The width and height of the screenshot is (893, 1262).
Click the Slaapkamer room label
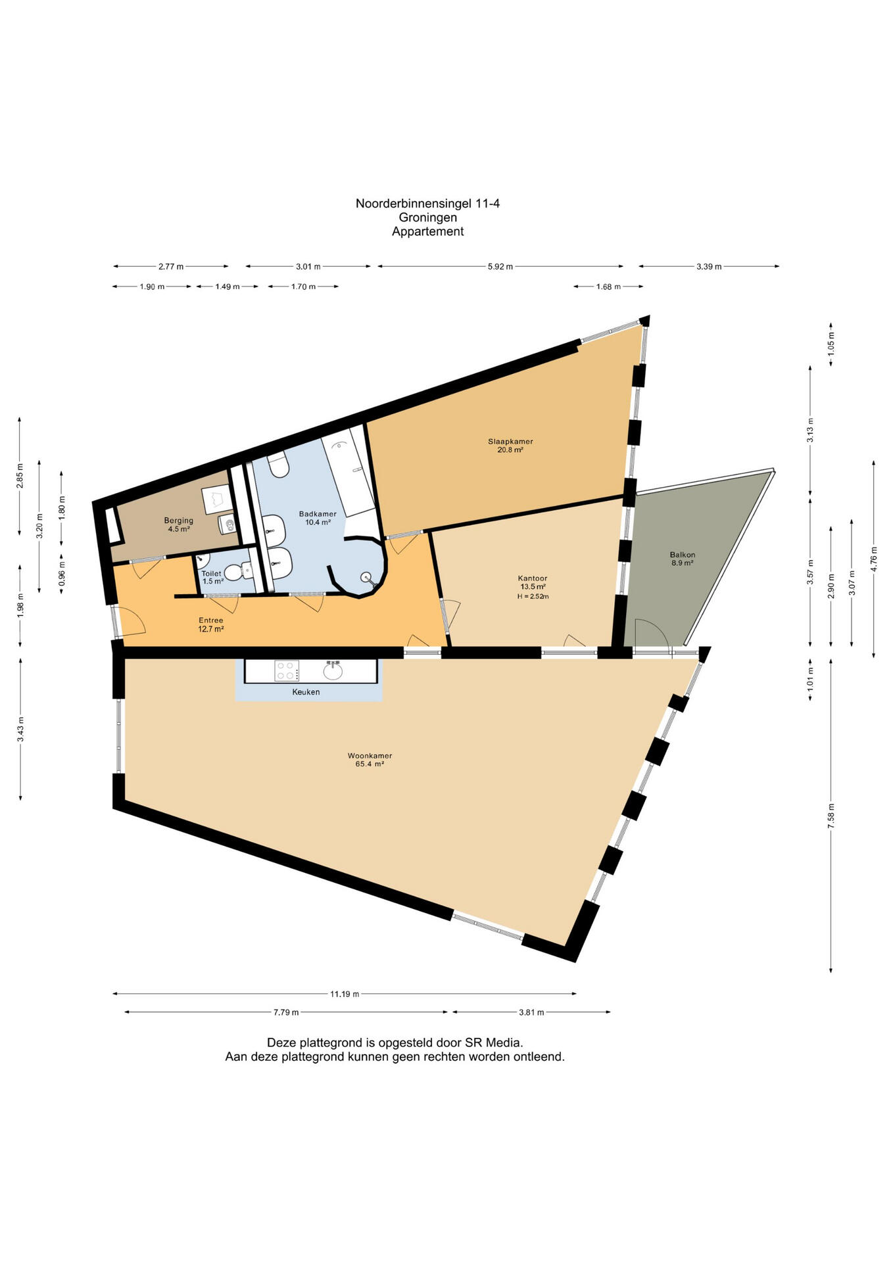(510, 441)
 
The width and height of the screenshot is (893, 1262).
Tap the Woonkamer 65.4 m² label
(370, 760)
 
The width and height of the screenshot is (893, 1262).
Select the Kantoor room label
(533, 578)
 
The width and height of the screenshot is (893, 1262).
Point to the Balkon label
(683, 555)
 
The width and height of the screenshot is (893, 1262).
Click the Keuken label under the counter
(306, 691)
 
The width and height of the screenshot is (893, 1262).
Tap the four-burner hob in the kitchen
(287, 670)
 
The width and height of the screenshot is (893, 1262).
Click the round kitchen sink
(333, 671)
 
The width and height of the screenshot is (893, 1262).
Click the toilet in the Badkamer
(279, 465)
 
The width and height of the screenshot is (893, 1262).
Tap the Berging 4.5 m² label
(179, 525)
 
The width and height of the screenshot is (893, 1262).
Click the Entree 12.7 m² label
(211, 624)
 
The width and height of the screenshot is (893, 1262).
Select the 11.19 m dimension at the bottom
(345, 994)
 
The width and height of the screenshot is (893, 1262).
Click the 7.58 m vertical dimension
(831, 816)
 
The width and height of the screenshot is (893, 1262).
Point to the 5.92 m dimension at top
(500, 266)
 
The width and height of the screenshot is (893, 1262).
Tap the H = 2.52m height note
(533, 596)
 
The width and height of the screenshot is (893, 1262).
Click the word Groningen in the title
(428, 218)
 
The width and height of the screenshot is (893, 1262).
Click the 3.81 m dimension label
(531, 1012)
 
